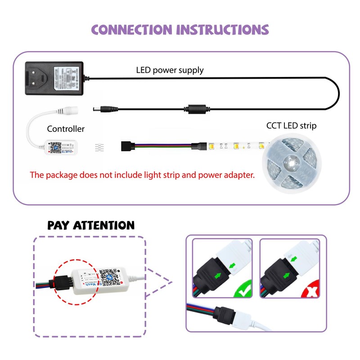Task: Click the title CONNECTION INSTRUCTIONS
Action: click(180, 30)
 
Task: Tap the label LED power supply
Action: click(170, 70)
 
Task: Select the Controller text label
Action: click(66, 129)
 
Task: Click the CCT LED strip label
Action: click(291, 126)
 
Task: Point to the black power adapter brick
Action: click(54, 78)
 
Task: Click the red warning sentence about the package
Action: click(142, 175)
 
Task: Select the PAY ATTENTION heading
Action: click(91, 225)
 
